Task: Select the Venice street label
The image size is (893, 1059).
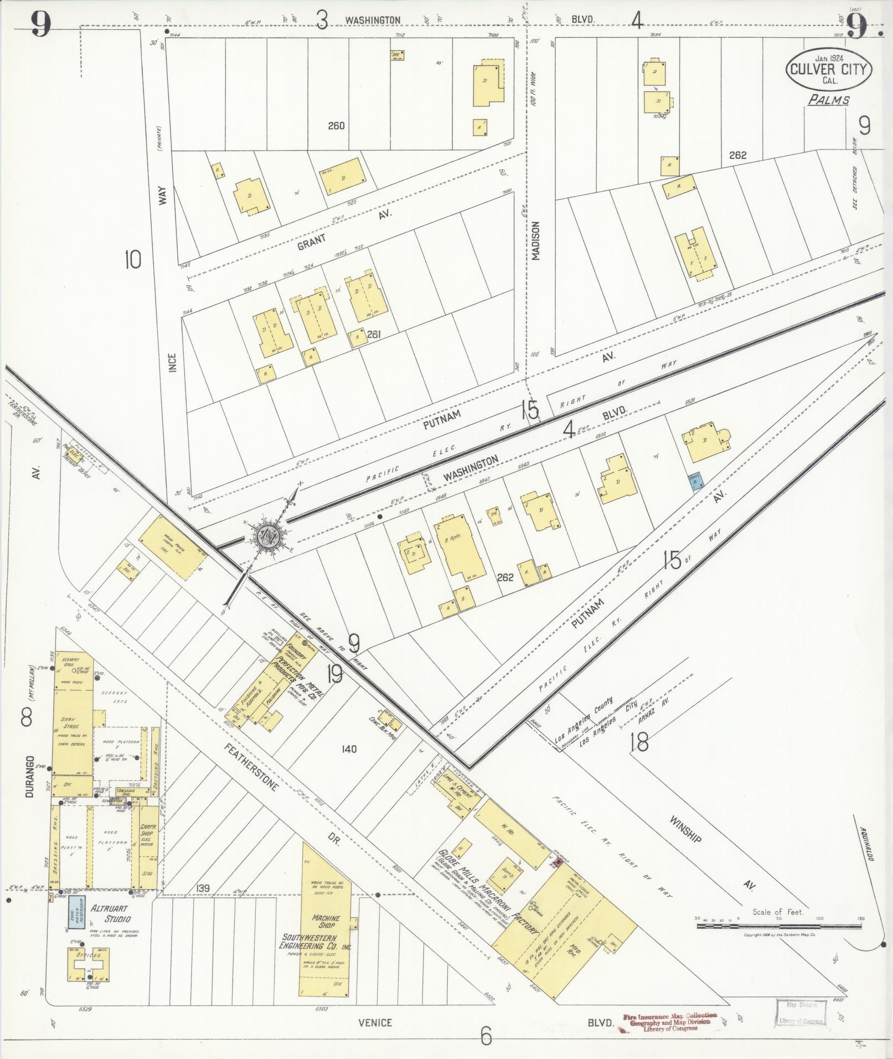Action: pyautogui.click(x=375, y=1022)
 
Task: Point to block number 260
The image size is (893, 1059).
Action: pyautogui.click(x=336, y=126)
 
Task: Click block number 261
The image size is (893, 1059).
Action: pyautogui.click(x=374, y=334)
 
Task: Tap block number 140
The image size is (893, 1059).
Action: pyautogui.click(x=349, y=749)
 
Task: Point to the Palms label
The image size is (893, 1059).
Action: pyautogui.click(x=828, y=100)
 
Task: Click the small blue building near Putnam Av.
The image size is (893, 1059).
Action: pyautogui.click(x=695, y=481)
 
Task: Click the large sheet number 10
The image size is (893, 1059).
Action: pyautogui.click(x=133, y=259)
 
